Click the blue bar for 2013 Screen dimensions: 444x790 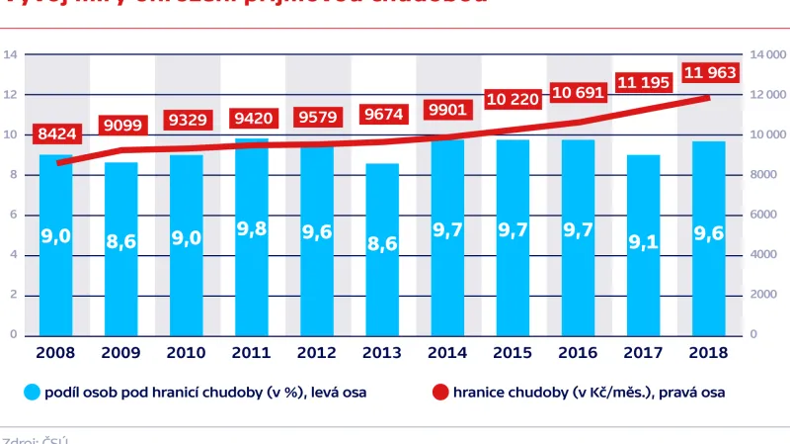(x=380, y=248)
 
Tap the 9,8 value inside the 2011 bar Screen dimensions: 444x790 (x=250, y=229)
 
